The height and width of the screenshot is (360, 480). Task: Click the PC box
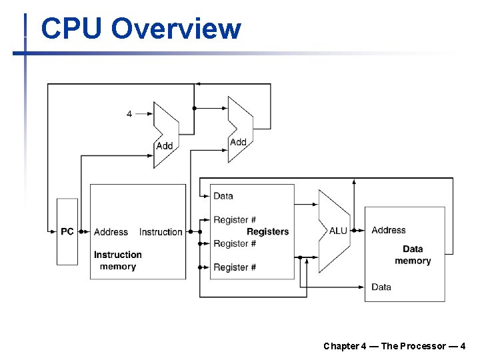tap(67, 232)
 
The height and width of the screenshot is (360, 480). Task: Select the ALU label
tap(338, 231)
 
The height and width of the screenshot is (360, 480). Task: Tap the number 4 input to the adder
tap(129, 114)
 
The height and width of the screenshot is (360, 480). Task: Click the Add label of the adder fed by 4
tap(165, 146)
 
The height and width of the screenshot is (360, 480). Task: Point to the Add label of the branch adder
tap(238, 142)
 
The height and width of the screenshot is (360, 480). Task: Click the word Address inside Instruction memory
tap(111, 232)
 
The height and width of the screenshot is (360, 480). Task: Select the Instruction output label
tap(161, 232)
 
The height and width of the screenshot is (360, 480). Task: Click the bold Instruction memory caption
tap(118, 261)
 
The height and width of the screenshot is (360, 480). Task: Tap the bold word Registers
tap(267, 232)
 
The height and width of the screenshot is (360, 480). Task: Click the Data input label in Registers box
tap(223, 196)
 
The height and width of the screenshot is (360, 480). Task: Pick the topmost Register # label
tap(235, 220)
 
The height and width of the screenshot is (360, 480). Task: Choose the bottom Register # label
tap(235, 267)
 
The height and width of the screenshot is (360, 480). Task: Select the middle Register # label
tap(235, 244)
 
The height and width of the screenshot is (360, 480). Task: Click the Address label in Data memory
tap(389, 230)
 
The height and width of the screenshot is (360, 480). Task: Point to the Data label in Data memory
tap(381, 287)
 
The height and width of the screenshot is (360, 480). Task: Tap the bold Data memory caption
tap(413, 255)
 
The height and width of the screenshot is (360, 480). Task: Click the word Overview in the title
tap(176, 28)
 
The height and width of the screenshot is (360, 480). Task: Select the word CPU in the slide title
tap(71, 28)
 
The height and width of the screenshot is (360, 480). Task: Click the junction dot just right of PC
tap(81, 232)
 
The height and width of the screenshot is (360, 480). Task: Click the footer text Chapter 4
tap(345, 346)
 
